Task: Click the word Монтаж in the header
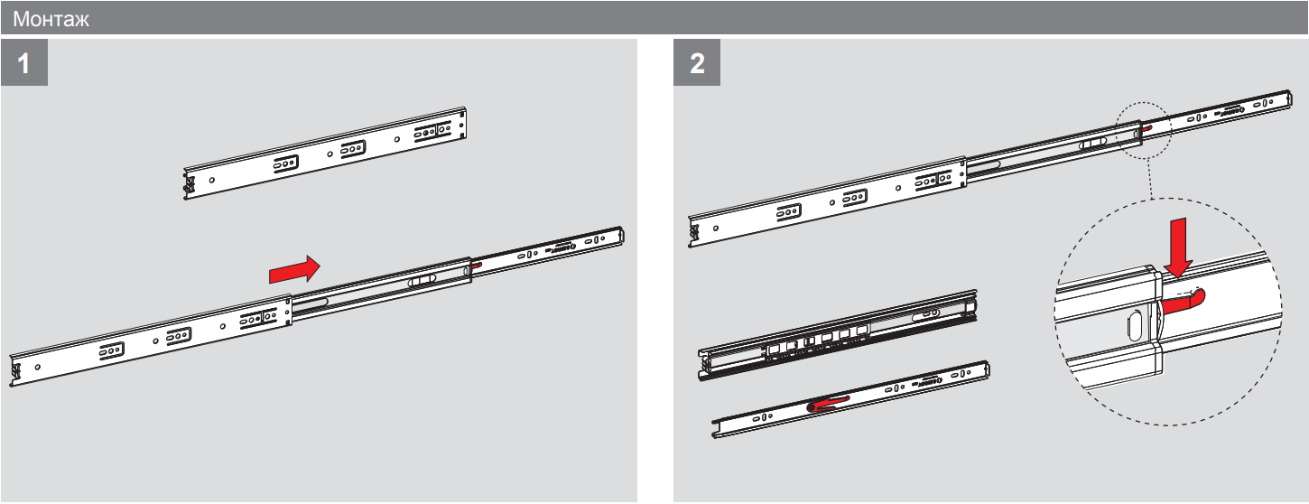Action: [x=51, y=19]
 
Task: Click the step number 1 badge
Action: [x=24, y=62]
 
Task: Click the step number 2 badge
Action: [x=697, y=62]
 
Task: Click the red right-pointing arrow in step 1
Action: [x=294, y=269]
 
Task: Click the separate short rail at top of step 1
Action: [x=325, y=153]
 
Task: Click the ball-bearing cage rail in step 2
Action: [x=838, y=335]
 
